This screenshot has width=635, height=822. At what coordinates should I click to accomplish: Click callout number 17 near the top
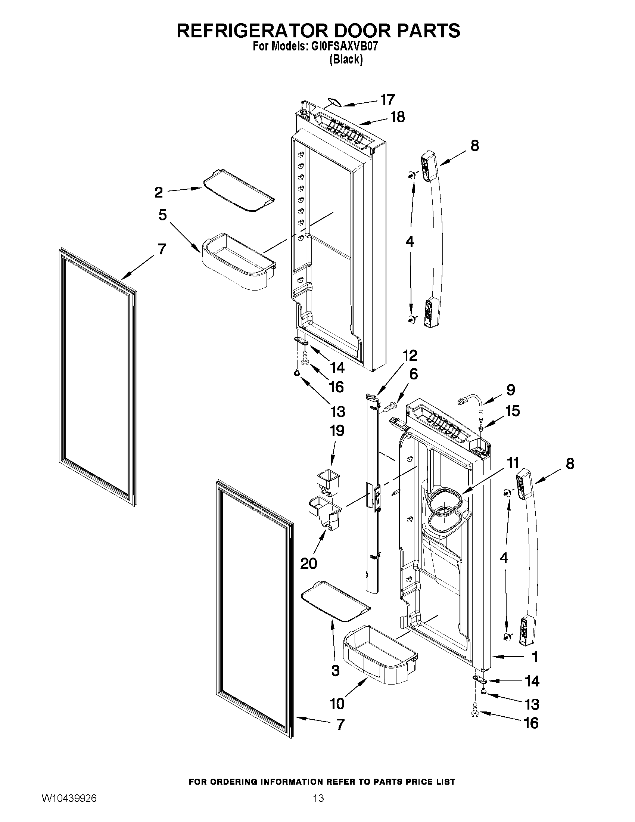coord(387,100)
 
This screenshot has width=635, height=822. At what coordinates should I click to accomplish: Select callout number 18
coord(397,117)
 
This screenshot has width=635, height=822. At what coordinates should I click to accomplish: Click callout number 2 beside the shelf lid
coord(159,192)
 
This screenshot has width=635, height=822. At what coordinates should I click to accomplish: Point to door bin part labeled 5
coord(239,261)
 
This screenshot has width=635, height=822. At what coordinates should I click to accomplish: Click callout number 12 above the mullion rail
coord(410,355)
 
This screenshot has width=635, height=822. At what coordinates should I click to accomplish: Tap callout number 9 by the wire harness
coord(510,390)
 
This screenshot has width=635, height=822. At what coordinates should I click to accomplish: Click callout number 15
coord(512,410)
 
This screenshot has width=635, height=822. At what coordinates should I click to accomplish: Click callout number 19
coord(337,431)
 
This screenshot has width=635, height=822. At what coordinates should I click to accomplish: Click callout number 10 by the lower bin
coord(337,703)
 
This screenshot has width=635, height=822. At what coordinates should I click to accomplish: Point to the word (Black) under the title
coord(346,59)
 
